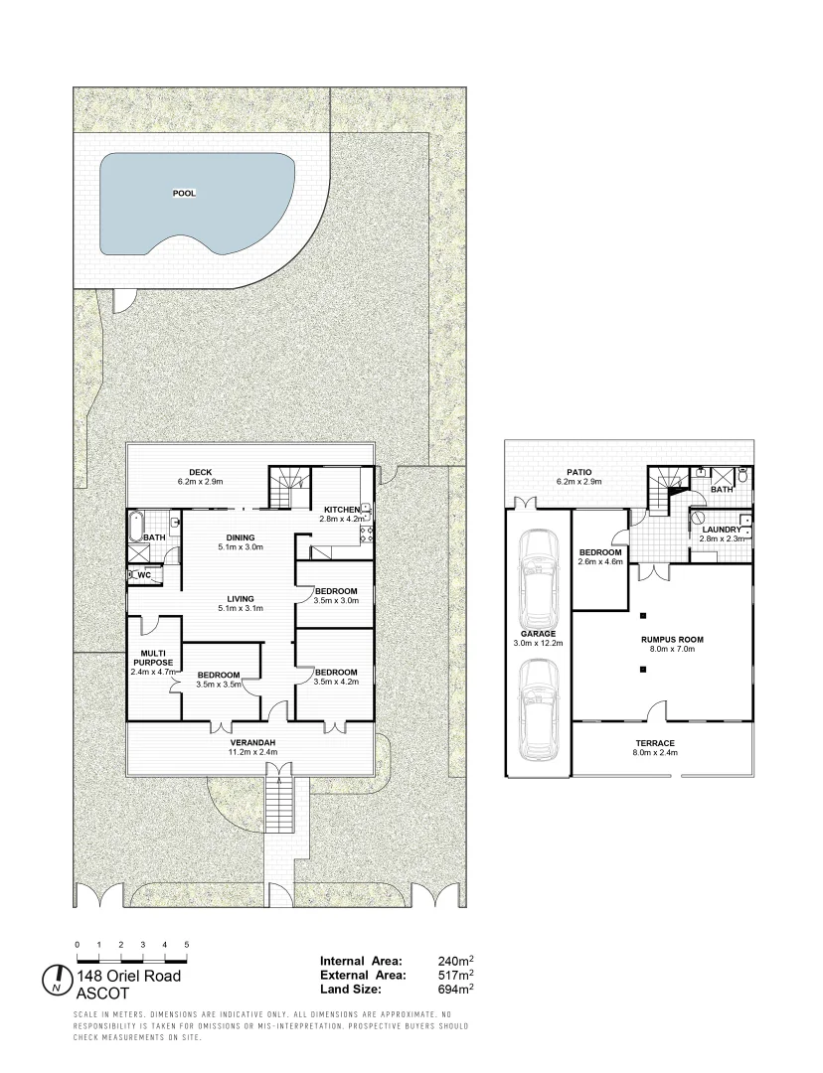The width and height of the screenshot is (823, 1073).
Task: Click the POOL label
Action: click(x=184, y=194)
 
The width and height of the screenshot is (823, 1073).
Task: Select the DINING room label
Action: click(x=241, y=537)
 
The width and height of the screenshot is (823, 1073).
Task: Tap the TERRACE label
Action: click(x=655, y=743)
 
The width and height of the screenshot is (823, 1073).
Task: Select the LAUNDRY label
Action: click(x=722, y=530)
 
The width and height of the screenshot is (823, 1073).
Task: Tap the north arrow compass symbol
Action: click(x=58, y=980)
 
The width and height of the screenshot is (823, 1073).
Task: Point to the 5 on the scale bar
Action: click(x=187, y=944)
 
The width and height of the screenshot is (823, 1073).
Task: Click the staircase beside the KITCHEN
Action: click(x=289, y=488)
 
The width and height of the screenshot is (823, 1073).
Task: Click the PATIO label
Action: click(x=580, y=473)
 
